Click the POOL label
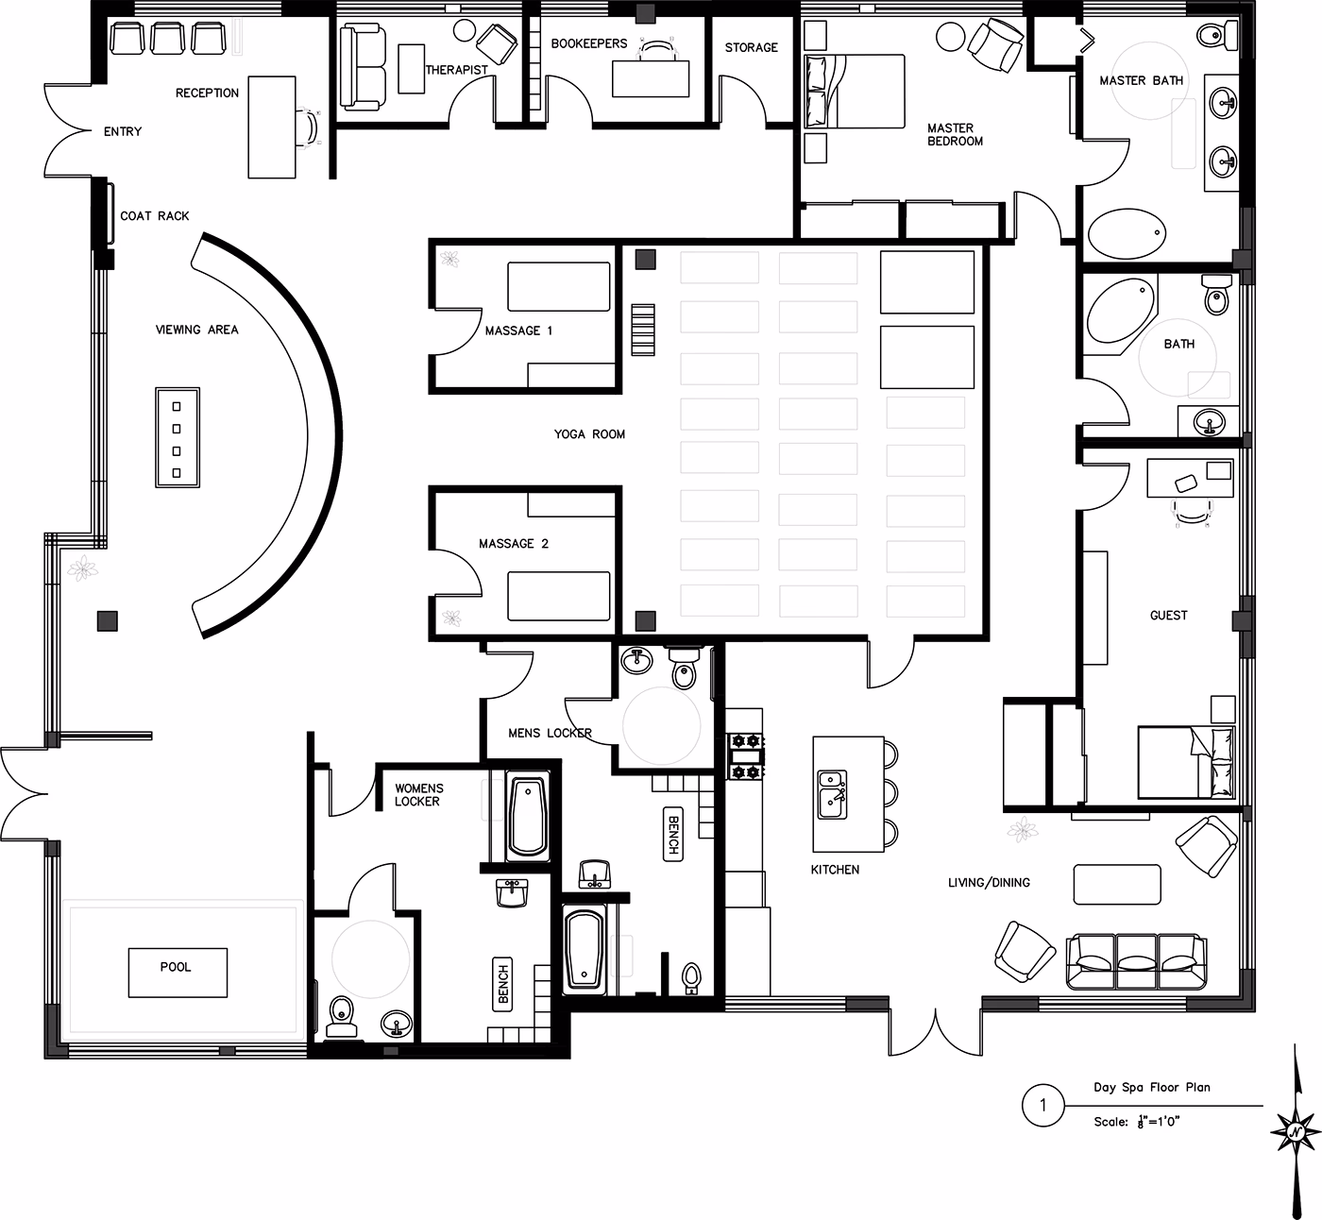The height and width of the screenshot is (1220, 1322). click(x=176, y=968)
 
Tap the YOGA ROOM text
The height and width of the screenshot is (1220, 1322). click(x=589, y=434)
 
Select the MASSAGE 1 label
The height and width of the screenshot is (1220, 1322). click(x=518, y=330)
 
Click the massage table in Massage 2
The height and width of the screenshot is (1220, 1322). click(x=559, y=596)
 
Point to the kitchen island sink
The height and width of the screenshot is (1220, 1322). click(x=832, y=793)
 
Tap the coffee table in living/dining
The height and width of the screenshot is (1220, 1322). click(x=1117, y=885)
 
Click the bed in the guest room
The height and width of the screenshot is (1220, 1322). click(x=1186, y=762)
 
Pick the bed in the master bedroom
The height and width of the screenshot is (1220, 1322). click(x=854, y=91)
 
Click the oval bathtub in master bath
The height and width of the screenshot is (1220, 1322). click(x=1127, y=232)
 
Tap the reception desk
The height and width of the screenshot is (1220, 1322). click(x=272, y=127)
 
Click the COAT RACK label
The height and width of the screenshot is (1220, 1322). click(x=155, y=216)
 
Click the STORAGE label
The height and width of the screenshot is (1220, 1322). click(x=751, y=47)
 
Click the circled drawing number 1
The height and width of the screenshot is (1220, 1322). click(x=1042, y=1105)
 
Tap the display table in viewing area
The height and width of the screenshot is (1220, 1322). click(x=178, y=437)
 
